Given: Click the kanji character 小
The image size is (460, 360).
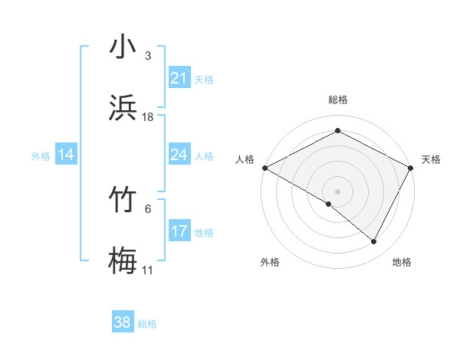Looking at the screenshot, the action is coord(123,47).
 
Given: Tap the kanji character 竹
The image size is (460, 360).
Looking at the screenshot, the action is coord(123,201).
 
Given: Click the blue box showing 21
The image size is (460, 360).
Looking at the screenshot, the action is coord(179,78).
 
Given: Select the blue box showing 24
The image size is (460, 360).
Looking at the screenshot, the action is coord(179,155).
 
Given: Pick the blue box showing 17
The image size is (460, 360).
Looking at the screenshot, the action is coord(179,231).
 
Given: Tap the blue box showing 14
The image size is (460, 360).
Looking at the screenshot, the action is coord(66,155).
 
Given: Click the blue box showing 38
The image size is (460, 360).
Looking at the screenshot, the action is coord(123,323).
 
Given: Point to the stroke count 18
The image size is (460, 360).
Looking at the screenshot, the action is coord(148,116).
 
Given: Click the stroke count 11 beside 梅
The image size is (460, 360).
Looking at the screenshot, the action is coord(148,270).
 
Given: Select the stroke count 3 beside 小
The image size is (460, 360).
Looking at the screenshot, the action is coord(148,55).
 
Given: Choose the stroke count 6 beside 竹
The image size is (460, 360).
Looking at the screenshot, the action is coord(148,208).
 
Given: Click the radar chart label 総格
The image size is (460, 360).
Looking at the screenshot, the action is coord(338,100).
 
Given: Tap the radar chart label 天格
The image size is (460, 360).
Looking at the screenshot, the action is coord(431,159).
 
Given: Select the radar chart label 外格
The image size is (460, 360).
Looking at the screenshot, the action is coord(270,263).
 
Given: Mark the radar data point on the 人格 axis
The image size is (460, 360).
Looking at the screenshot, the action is coord(264,168).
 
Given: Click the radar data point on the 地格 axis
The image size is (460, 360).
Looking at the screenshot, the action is coord(374,241).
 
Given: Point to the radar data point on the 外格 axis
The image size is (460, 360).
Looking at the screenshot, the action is coord(329,204).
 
